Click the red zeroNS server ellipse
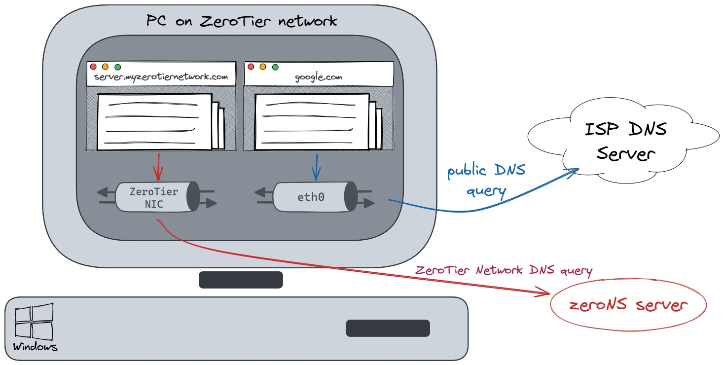click(x=628, y=305)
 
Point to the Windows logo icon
click(x=34, y=321)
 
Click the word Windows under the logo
click(x=35, y=347)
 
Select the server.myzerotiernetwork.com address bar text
click(x=161, y=77)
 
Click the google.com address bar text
click(x=318, y=77)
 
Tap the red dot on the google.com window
click(x=251, y=67)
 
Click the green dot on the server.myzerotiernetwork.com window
click(x=117, y=67)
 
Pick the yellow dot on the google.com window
click(x=263, y=67)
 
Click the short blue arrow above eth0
click(x=316, y=167)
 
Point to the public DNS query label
click(x=486, y=180)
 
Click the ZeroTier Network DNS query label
click(x=504, y=270)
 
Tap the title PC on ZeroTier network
click(x=242, y=21)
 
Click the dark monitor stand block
click(x=241, y=280)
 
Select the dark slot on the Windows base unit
click(x=388, y=328)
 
